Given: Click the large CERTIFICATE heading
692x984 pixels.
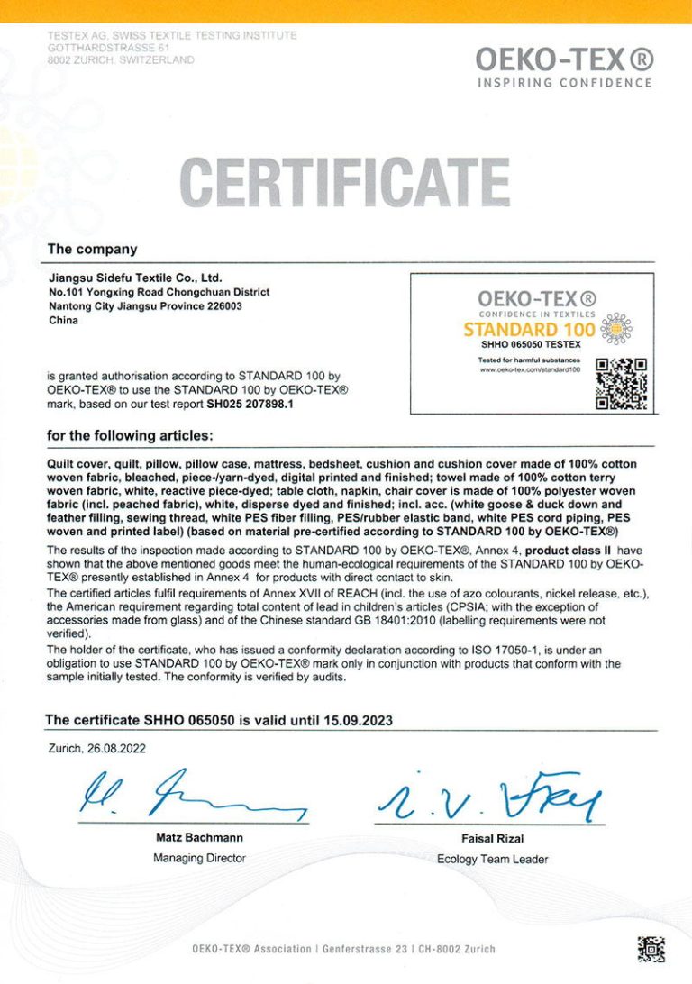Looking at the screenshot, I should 346,181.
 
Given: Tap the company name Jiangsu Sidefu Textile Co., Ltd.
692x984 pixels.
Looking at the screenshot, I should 134,278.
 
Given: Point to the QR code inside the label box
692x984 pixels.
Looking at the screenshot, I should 622,384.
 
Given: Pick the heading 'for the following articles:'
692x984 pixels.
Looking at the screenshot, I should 130,436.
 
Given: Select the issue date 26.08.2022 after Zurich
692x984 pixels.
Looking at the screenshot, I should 115,748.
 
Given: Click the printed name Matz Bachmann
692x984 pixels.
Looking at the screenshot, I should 199,837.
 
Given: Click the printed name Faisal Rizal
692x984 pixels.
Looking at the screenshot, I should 492,838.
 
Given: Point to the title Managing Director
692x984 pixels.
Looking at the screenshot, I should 199,858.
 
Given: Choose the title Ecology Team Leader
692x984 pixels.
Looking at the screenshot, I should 492,859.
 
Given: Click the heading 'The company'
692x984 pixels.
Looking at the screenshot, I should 92,250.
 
